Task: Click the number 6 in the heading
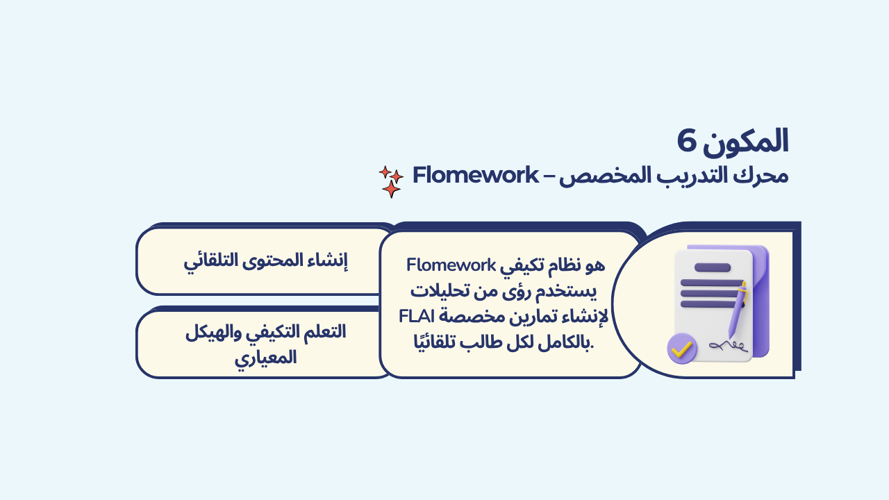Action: coord(687,141)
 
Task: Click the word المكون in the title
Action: coord(745,142)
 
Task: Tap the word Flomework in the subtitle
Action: coord(476,175)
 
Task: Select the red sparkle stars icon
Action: coord(391,182)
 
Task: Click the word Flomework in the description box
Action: coord(451,265)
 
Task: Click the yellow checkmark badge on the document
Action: coord(682,349)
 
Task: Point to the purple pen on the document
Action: coord(738,310)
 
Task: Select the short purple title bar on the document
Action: coord(713,267)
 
